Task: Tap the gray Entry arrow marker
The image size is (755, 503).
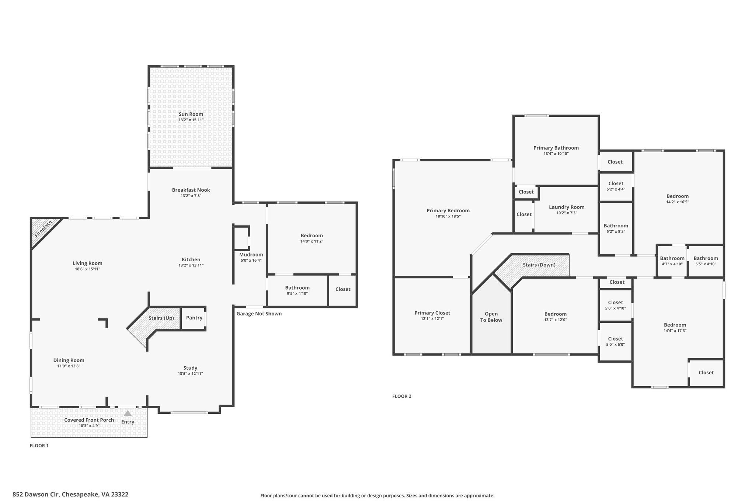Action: click(x=128, y=413)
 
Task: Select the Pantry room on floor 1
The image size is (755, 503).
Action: click(x=194, y=318)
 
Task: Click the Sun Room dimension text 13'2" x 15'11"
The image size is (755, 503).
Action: click(x=191, y=120)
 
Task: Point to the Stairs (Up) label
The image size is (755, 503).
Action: click(x=161, y=318)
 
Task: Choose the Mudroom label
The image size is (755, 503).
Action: click(x=251, y=255)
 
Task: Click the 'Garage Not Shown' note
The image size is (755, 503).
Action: click(x=259, y=314)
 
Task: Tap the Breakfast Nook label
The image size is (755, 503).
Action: click(x=191, y=190)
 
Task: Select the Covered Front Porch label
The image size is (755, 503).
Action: click(x=89, y=420)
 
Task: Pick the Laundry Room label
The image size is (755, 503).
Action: click(x=567, y=207)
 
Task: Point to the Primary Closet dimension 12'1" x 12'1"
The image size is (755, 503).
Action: click(x=432, y=319)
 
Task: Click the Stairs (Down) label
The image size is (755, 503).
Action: click(x=539, y=265)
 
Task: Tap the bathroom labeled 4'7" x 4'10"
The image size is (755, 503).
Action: click(x=672, y=261)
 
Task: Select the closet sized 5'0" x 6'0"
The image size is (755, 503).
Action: click(x=615, y=342)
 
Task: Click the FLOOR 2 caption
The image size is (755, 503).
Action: click(x=401, y=396)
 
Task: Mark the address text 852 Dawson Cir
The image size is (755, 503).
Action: click(x=36, y=495)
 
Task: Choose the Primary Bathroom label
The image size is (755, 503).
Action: click(x=556, y=148)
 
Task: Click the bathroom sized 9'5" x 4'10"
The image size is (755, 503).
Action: click(x=297, y=290)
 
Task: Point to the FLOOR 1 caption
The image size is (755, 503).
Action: click(x=39, y=446)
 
